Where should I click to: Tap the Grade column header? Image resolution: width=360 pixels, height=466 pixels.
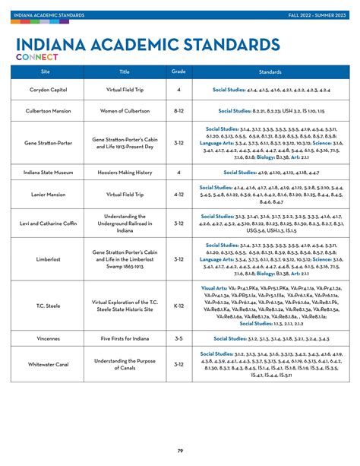click(x=178, y=71)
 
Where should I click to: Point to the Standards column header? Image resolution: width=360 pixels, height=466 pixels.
click(x=271, y=71)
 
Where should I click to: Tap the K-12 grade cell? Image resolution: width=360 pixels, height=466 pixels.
click(x=178, y=306)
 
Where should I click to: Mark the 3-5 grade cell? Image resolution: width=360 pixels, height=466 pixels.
click(x=178, y=338)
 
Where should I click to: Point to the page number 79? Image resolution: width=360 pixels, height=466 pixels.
click(x=180, y=451)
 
